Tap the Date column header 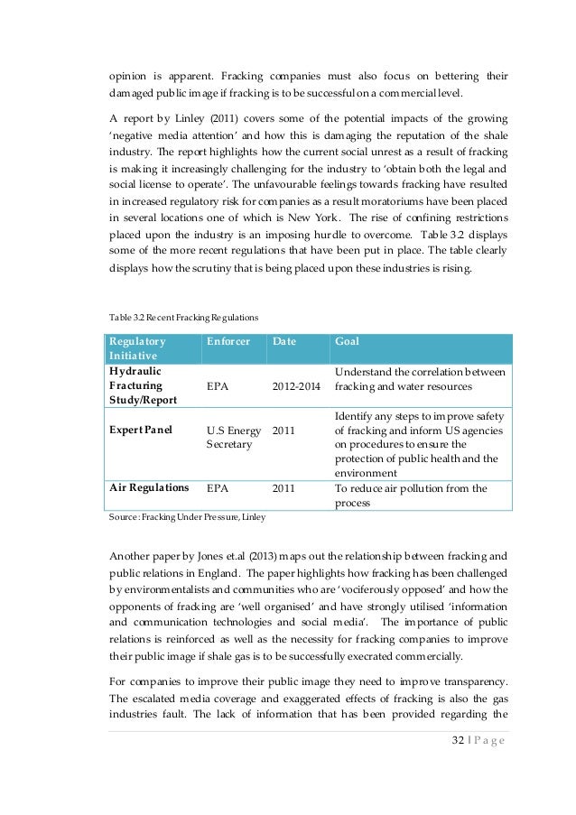click(285, 342)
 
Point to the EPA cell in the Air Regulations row click(218, 488)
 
